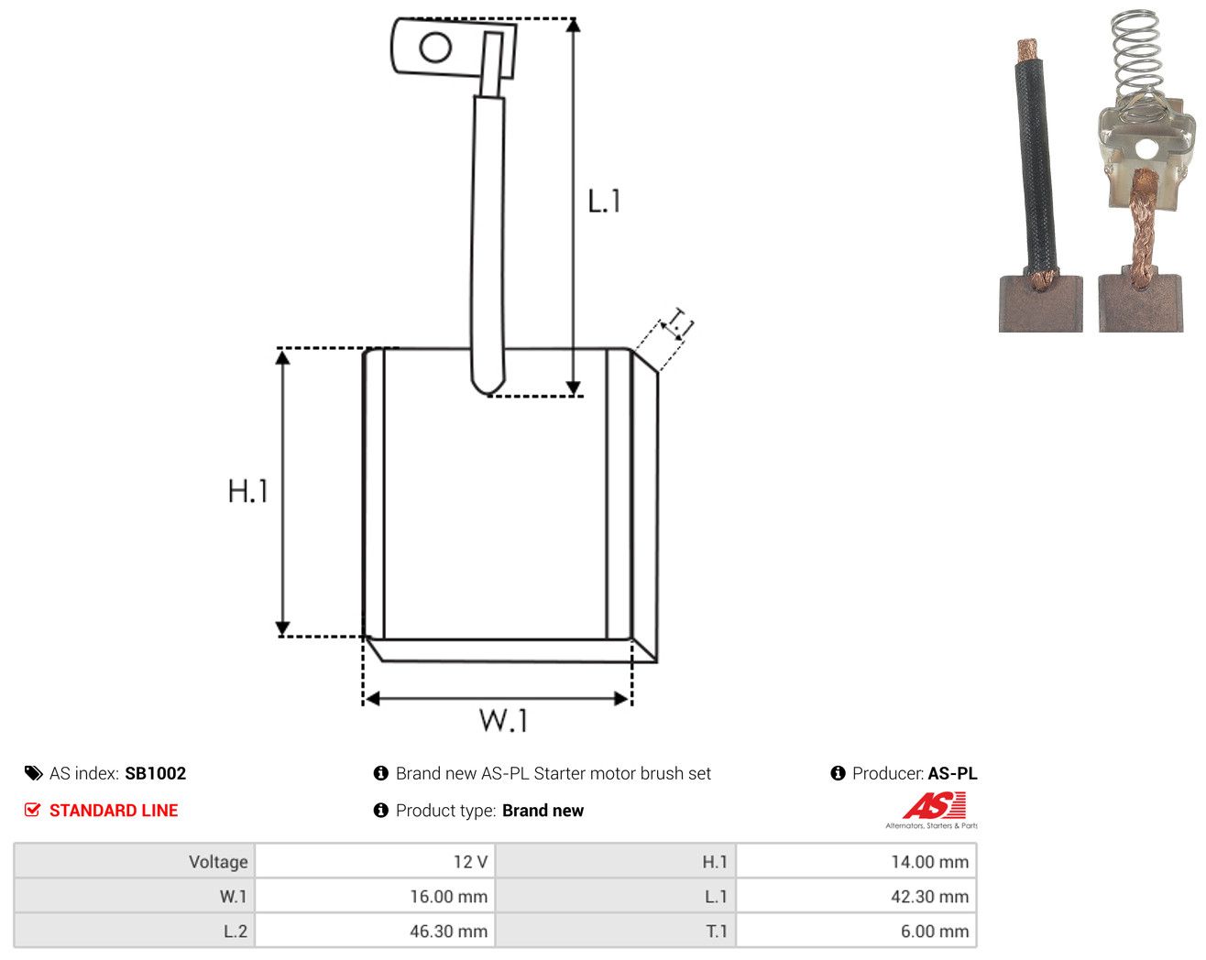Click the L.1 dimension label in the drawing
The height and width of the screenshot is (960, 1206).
[604, 201]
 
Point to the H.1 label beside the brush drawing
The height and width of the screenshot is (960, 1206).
[247, 491]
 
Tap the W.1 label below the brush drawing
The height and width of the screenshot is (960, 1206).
[503, 720]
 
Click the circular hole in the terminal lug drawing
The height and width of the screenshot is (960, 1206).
[435, 48]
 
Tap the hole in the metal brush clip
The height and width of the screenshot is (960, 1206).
[1146, 149]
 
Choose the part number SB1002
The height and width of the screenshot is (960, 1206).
[155, 773]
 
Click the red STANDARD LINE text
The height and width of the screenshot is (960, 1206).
[114, 810]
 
